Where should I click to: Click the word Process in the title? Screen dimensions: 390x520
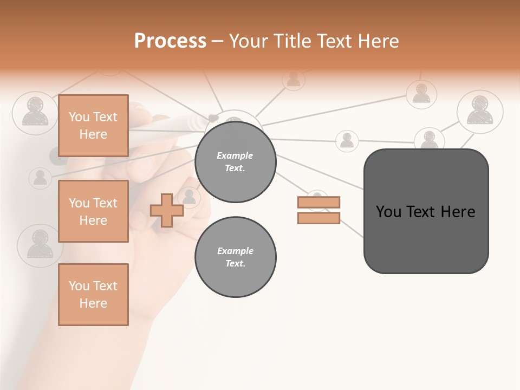(x=170, y=41)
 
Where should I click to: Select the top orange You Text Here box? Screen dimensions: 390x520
(x=93, y=126)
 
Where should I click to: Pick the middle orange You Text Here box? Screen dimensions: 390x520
(x=93, y=211)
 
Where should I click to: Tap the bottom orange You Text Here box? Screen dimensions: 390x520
(x=93, y=295)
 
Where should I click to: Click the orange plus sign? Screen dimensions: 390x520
(x=167, y=210)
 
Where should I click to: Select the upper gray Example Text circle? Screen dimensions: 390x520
(x=235, y=162)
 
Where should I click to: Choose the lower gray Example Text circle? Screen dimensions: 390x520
(x=235, y=257)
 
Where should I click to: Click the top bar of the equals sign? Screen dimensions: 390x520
(x=318, y=202)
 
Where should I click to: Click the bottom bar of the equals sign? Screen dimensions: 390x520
(x=318, y=218)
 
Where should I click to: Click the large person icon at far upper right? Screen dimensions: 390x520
(x=480, y=111)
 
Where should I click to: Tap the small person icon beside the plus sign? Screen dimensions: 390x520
(x=189, y=196)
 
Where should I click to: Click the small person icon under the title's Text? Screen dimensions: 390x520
(x=293, y=80)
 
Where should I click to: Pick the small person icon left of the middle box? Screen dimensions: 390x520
(x=40, y=178)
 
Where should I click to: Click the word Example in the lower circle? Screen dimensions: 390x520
(x=235, y=251)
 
